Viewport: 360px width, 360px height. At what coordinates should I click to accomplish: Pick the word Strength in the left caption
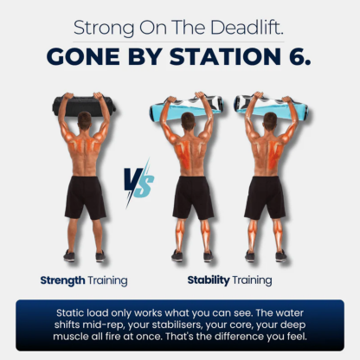point(64,280)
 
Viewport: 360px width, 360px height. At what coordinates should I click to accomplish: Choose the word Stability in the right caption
point(209,280)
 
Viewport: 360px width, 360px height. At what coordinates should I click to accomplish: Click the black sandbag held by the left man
point(84,105)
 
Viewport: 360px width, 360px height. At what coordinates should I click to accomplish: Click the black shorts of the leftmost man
point(85,196)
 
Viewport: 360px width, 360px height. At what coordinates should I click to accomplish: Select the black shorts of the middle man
point(193,196)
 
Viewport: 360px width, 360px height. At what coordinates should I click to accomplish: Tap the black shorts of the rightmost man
point(264,196)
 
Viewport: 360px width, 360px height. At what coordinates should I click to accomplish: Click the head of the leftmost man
point(84,121)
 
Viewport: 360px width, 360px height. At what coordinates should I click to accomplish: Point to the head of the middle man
point(193,121)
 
